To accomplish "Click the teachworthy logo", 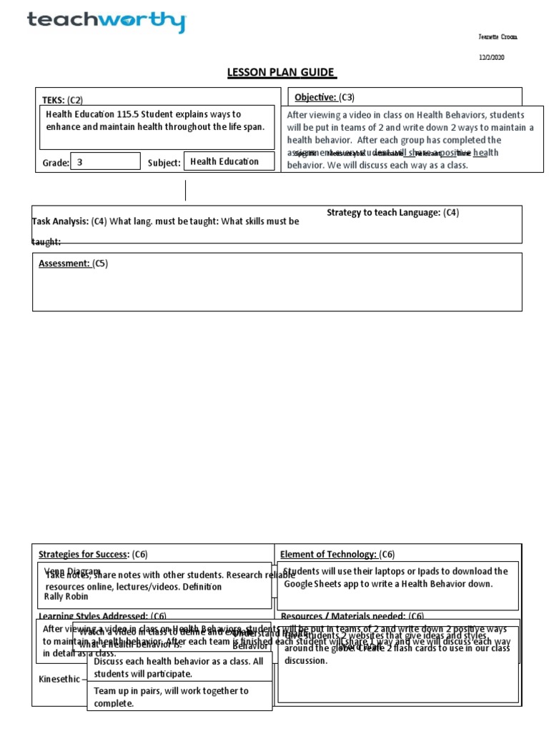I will [106, 21].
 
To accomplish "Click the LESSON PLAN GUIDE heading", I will [281, 72].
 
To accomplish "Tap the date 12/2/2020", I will [492, 58].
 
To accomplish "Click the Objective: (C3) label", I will [325, 97].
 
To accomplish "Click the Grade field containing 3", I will [106, 161].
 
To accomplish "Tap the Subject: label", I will [164, 163].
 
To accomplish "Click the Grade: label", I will [56, 163].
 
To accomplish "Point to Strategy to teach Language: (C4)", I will [392, 212].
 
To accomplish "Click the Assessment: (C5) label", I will [72, 263].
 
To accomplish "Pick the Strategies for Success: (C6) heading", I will [93, 554].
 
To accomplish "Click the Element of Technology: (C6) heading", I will [337, 554].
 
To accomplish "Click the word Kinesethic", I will [59, 679].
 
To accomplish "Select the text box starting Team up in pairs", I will [179, 697].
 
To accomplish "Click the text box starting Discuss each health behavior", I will [179, 667].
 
